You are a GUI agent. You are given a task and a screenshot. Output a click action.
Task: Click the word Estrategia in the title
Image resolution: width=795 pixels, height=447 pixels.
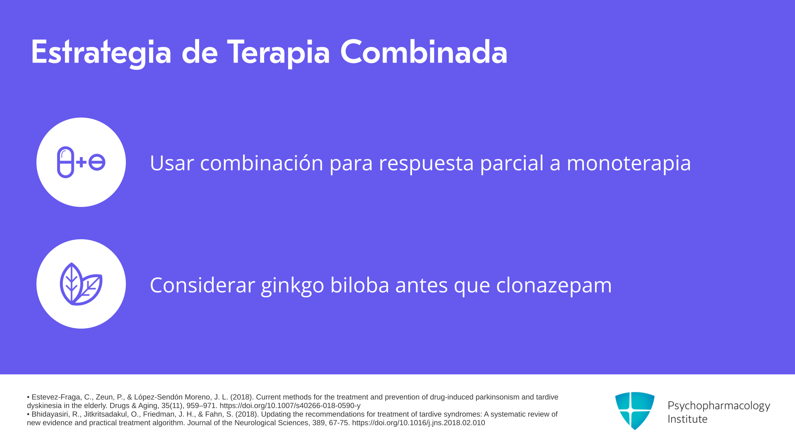[x=101, y=52]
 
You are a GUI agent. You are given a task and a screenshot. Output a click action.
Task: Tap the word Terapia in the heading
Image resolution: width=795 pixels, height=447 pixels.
[x=278, y=52]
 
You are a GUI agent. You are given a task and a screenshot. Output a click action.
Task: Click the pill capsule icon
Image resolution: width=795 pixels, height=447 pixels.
[x=65, y=162]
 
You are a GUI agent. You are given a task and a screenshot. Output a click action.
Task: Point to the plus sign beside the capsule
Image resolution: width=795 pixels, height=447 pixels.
[x=81, y=162]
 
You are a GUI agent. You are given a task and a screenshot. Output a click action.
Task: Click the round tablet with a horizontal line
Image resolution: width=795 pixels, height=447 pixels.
[x=97, y=162]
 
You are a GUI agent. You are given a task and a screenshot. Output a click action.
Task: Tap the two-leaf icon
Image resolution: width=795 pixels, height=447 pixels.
[x=81, y=284]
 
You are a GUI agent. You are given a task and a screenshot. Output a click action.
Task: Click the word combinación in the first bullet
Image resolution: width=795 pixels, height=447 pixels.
[x=262, y=163]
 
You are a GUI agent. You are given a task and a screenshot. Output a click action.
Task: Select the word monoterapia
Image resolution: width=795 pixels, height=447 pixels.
[x=629, y=163]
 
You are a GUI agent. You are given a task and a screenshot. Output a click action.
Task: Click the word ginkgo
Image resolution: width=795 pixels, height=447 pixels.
[x=292, y=285]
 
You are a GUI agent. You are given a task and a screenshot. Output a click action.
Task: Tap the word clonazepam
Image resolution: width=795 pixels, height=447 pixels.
[x=554, y=285]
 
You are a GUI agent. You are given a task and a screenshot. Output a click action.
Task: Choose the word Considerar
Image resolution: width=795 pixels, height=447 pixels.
[x=202, y=285]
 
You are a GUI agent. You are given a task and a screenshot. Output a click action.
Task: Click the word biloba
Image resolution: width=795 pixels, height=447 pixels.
[x=360, y=285]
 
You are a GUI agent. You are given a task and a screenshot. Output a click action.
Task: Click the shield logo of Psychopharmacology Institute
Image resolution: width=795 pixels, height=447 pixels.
[x=635, y=411]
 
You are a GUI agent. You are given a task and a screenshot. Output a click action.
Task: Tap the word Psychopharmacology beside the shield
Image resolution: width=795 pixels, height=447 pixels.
[x=719, y=406]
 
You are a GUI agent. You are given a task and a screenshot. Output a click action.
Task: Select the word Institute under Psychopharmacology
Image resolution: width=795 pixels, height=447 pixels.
[x=687, y=419]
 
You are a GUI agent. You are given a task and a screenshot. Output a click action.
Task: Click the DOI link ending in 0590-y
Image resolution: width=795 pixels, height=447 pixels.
[x=290, y=406]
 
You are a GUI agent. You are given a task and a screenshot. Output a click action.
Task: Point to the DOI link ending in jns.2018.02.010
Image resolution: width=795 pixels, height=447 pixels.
[x=418, y=423]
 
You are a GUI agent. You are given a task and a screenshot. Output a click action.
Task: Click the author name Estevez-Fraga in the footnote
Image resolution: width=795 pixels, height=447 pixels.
[x=56, y=397]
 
